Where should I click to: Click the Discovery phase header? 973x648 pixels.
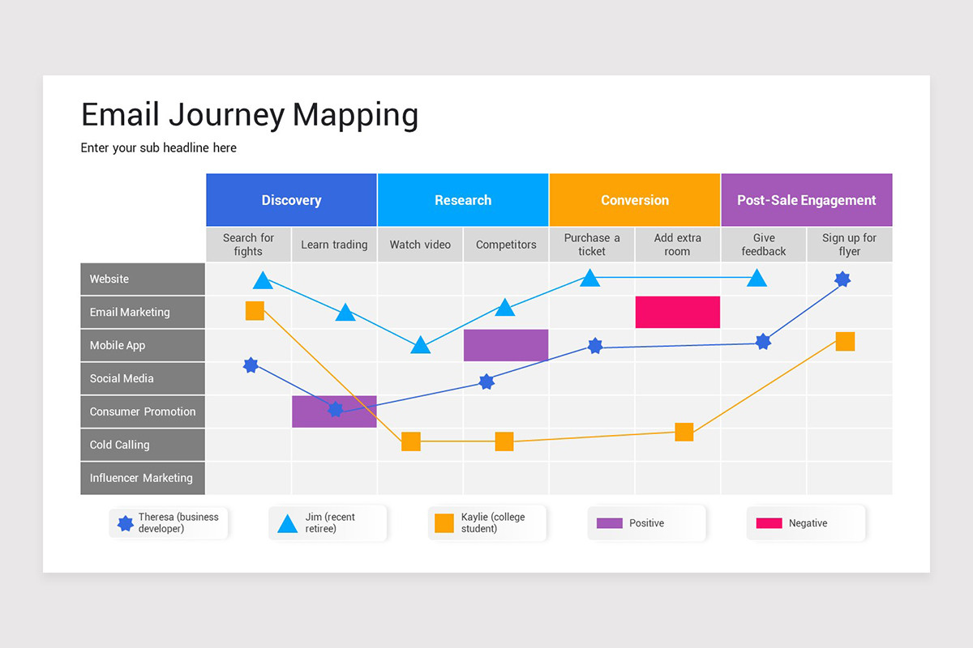(x=291, y=200)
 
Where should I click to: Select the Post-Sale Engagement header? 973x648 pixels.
(x=806, y=200)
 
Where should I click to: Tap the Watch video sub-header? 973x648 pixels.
(x=420, y=245)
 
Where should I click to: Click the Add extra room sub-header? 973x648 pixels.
(x=677, y=245)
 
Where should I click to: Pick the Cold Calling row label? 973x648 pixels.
(x=143, y=445)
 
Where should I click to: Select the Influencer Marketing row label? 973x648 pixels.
(x=143, y=478)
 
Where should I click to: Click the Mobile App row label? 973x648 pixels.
(x=143, y=345)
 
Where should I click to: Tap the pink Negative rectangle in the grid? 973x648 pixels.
(x=677, y=312)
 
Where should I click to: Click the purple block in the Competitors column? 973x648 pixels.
(x=506, y=345)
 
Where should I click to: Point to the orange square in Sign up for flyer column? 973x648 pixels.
(x=845, y=341)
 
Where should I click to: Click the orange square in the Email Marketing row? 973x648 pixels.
(x=255, y=311)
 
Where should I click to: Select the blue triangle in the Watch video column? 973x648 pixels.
(x=420, y=346)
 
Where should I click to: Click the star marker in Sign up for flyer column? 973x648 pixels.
(x=842, y=279)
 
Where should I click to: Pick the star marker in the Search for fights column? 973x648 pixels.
(x=251, y=365)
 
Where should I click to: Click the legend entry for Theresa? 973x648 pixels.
(x=169, y=523)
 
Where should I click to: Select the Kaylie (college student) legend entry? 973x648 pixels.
(x=488, y=523)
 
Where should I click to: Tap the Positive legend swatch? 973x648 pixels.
(x=610, y=523)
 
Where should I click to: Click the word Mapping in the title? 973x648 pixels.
(x=355, y=115)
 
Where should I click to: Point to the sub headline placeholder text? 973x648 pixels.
(x=158, y=147)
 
